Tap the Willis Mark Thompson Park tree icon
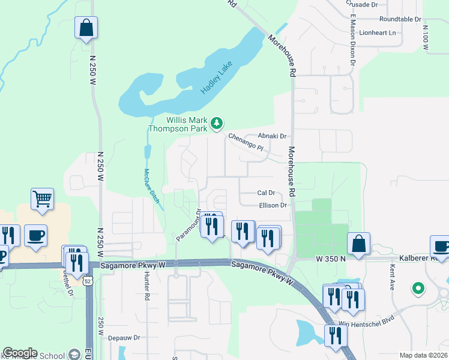[217, 124]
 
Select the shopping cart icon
[42, 199]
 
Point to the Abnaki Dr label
[273, 136]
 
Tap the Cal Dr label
[265, 193]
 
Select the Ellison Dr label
[273, 205]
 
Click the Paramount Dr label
[188, 226]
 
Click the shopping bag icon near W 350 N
[358, 244]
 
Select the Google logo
[20, 353]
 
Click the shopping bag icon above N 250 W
[86, 27]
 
